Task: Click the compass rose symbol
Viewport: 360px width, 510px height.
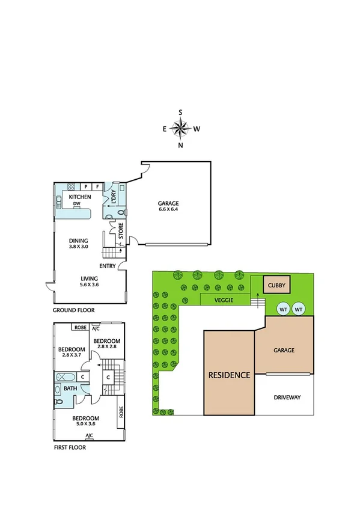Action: (x=180, y=128)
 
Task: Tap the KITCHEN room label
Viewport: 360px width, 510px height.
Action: (x=80, y=197)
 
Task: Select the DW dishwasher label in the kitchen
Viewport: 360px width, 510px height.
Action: (x=77, y=204)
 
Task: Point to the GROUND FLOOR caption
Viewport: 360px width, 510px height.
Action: (x=74, y=310)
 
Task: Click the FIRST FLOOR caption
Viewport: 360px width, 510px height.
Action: (x=70, y=447)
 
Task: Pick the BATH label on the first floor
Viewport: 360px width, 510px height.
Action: (x=70, y=388)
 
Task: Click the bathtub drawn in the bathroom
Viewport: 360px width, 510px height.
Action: (x=66, y=377)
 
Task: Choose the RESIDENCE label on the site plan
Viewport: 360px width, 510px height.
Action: (x=229, y=375)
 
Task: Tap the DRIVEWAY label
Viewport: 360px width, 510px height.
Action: (x=287, y=398)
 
